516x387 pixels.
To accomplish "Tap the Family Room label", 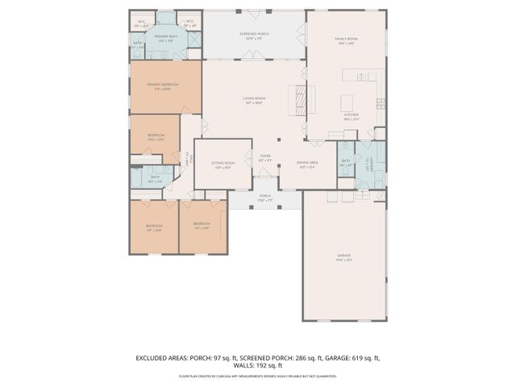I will pyautogui.click(x=346, y=40).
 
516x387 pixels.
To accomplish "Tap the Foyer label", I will pyautogui.click(x=264, y=158).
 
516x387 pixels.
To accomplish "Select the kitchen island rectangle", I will pyautogui.click(x=348, y=103).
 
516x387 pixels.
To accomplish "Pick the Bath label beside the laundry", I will pyautogui.click(x=345, y=163).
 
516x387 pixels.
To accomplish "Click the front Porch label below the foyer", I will pyautogui.click(x=264, y=197).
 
